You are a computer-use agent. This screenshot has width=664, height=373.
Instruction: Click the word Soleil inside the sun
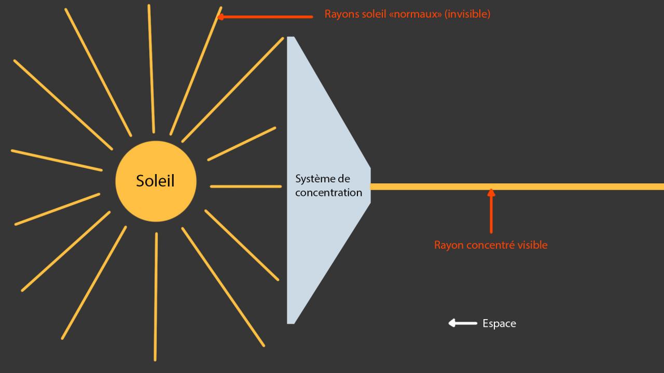pos(155,181)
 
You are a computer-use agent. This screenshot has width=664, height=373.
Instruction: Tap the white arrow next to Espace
pos(462,323)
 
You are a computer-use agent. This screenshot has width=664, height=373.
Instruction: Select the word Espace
pos(499,323)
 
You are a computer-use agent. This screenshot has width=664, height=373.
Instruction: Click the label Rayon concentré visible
pos(490,245)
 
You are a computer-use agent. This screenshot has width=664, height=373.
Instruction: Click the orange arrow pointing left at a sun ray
pos(265,17)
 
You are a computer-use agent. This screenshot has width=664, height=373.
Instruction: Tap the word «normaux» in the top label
pos(416,14)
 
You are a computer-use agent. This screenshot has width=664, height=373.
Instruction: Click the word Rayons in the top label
pos(341,14)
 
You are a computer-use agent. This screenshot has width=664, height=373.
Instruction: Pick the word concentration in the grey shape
pos(328,193)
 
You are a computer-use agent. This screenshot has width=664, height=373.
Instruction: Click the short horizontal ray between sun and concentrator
pos(246,187)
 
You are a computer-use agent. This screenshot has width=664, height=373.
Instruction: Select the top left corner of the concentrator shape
pos(288,38)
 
